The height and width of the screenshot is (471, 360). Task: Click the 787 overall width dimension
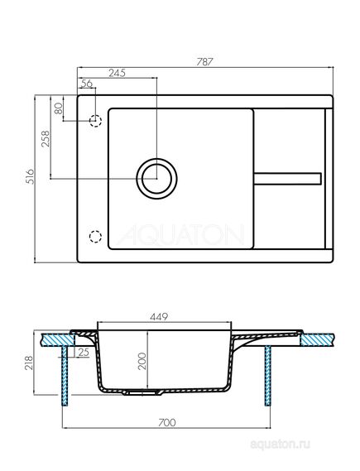204,61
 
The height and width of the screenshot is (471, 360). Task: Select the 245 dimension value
117,73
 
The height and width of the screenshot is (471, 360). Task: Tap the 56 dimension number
87,84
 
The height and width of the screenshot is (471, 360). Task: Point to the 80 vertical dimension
58,108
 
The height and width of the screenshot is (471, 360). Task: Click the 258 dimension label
45,138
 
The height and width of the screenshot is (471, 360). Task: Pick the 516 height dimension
30,176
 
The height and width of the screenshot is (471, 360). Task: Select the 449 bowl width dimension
159,316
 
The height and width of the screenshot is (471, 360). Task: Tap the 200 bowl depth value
142,361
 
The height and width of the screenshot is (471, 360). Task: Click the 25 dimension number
84,352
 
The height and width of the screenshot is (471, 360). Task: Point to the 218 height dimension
28,363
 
